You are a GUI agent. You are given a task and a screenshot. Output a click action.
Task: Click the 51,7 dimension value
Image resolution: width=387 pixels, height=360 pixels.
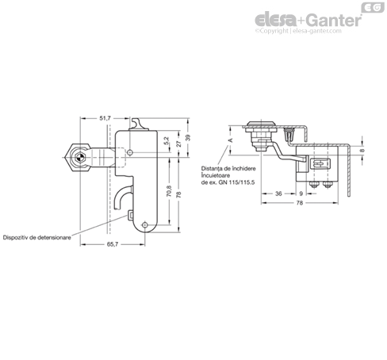tap(105, 118)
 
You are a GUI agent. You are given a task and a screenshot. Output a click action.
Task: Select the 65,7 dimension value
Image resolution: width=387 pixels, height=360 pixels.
tap(113, 244)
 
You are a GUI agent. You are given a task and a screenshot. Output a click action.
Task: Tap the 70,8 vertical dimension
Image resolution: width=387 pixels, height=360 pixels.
tap(170, 191)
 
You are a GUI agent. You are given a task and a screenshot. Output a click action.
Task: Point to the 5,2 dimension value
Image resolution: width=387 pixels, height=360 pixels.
tap(167, 140)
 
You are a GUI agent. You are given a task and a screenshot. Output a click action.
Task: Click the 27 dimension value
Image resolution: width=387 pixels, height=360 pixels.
tap(179, 144)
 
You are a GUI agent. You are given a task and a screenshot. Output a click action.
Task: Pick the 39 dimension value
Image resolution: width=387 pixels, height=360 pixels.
tap(188, 138)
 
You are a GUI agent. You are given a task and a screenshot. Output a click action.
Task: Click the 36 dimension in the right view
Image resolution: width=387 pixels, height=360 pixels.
tap(278, 193)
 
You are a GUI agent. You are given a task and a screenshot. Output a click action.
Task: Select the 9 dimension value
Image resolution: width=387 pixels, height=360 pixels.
tap(301, 193)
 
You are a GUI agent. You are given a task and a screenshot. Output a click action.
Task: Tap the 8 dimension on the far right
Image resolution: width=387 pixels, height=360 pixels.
tap(362, 151)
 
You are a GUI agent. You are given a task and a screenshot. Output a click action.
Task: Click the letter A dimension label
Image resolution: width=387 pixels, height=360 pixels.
tap(231, 140)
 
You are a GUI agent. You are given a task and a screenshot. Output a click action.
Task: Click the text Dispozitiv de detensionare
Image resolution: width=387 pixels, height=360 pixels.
tap(37, 237)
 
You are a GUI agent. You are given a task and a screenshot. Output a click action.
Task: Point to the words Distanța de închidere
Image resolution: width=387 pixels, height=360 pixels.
tap(228, 168)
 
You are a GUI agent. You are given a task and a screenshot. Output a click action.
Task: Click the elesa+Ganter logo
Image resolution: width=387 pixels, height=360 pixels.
tap(308, 21)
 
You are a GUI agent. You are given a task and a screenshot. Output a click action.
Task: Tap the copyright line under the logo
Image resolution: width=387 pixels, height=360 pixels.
tap(298, 31)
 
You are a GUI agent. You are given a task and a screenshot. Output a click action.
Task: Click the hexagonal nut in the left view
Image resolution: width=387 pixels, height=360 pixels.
tap(78, 158)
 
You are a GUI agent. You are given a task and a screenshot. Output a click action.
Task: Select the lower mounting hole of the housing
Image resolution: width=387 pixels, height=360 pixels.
tap(144, 225)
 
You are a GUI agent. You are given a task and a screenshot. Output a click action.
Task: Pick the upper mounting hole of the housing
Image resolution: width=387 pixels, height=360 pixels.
tap(130, 152)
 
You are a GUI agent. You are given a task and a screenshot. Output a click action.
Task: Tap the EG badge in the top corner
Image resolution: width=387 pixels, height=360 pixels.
tap(373, 7)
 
